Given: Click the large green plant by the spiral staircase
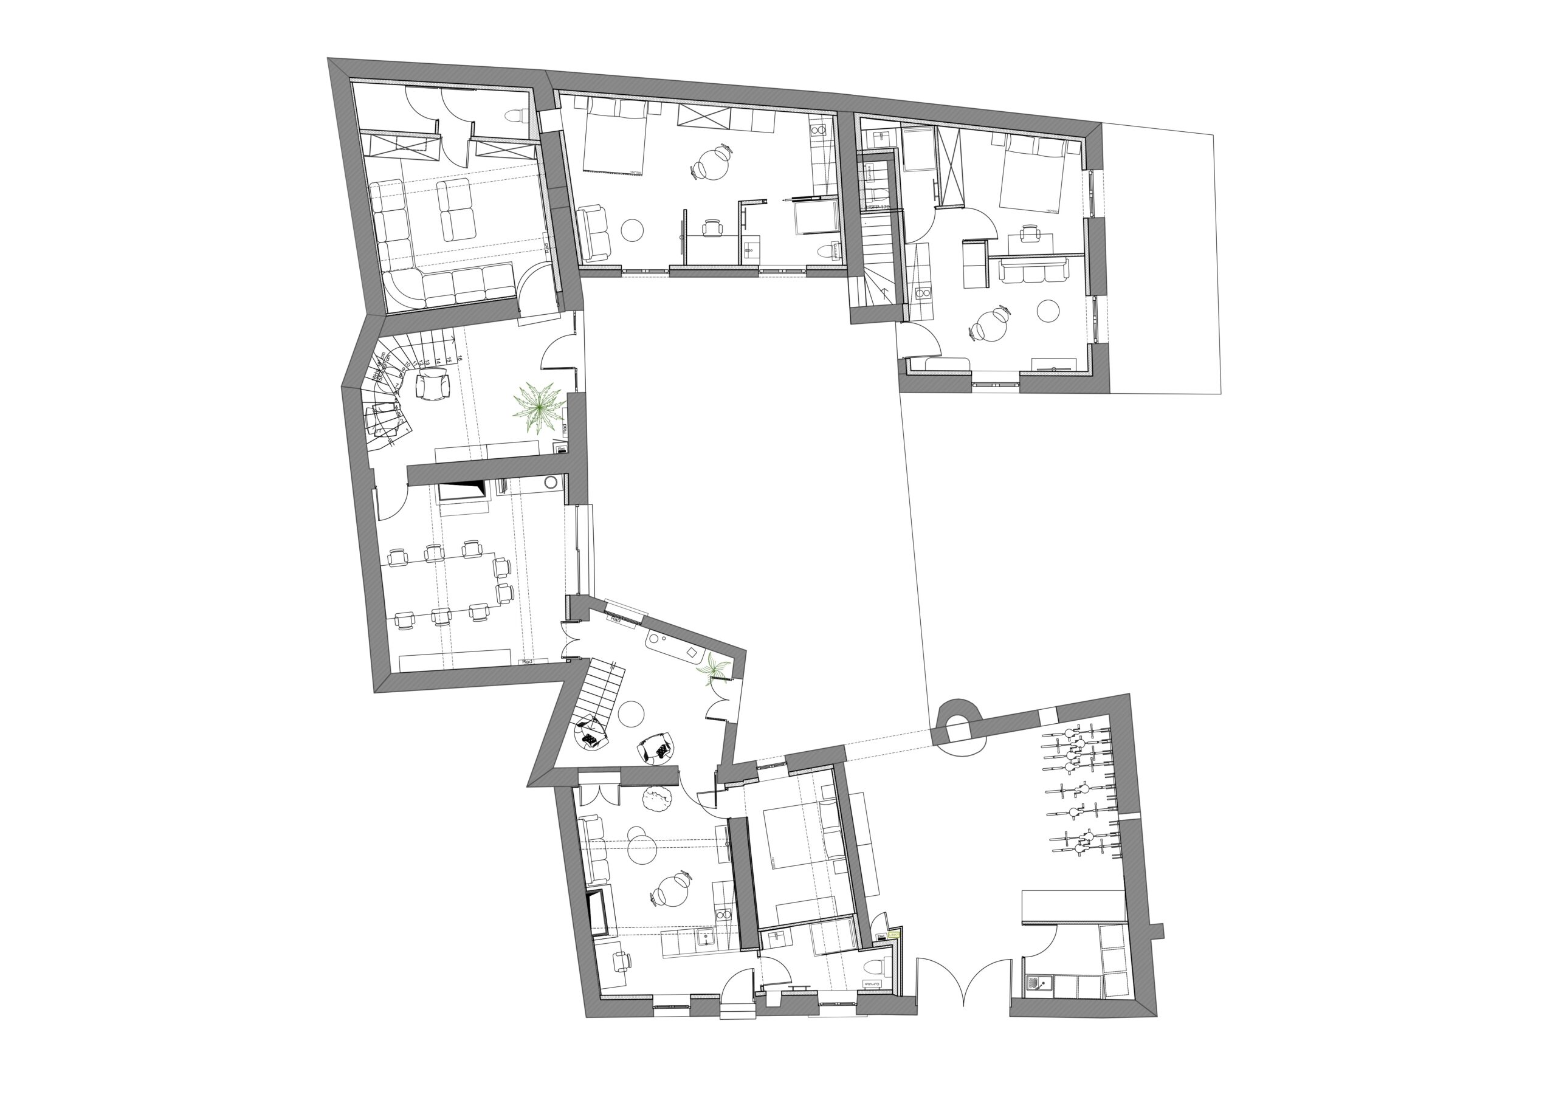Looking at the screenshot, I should [x=539, y=408].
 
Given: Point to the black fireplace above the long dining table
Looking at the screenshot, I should [x=462, y=490].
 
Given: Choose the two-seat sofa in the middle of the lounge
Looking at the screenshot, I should [x=455, y=210].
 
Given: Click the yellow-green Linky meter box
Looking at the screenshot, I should [x=894, y=935].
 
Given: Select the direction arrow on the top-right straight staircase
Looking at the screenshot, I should [x=884, y=294].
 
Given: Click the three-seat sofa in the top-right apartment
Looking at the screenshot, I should [x=1033, y=271].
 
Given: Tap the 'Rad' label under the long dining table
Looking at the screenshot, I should [x=527, y=661].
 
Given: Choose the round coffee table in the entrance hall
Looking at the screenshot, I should [x=631, y=713].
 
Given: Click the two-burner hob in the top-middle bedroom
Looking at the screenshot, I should [x=818, y=128].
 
